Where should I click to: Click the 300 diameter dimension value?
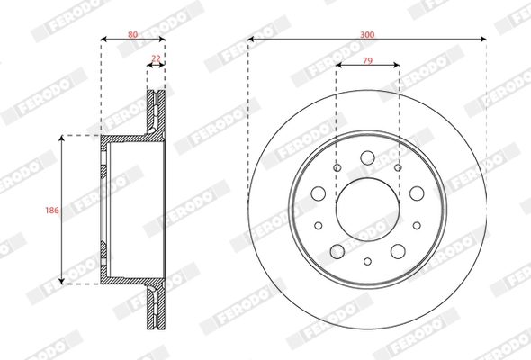tap(366, 33)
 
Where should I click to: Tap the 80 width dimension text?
tap(132, 33)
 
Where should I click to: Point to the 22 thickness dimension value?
tap(156, 58)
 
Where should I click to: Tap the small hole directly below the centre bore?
tap(367, 260)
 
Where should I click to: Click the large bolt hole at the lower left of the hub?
tap(337, 249)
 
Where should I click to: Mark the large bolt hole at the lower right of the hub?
tap(398, 249)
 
